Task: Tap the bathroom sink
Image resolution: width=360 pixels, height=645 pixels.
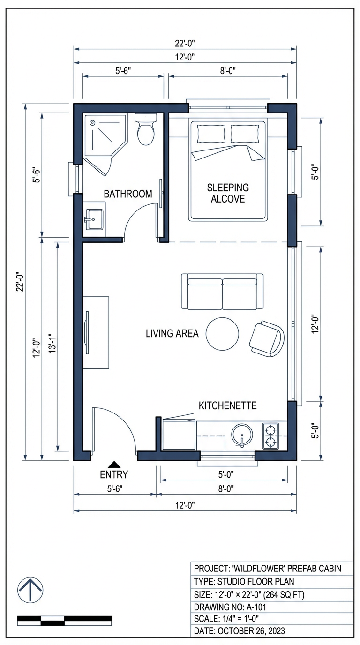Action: coord(95,219)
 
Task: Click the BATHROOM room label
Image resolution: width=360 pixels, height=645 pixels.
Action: coord(128,194)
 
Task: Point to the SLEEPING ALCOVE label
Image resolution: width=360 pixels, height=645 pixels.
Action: coord(228,193)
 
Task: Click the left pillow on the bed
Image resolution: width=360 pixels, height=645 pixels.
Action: coord(211,134)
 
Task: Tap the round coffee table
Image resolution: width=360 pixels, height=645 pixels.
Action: coord(223,334)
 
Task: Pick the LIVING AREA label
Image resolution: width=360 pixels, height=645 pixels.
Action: coord(172,334)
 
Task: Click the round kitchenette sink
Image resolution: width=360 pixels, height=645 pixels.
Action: coord(242,435)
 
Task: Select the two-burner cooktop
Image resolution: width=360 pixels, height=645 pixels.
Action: coord(270,435)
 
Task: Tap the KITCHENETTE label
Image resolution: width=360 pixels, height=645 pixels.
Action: coord(228,405)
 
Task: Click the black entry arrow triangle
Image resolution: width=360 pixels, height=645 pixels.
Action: coord(114,464)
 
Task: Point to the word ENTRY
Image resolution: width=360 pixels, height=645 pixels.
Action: coord(114,474)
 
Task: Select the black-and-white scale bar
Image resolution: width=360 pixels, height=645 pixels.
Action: coord(64,621)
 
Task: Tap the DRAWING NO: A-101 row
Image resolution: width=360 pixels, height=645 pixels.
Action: coord(272,607)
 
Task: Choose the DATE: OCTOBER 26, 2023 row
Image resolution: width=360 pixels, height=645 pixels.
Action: coord(272,631)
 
